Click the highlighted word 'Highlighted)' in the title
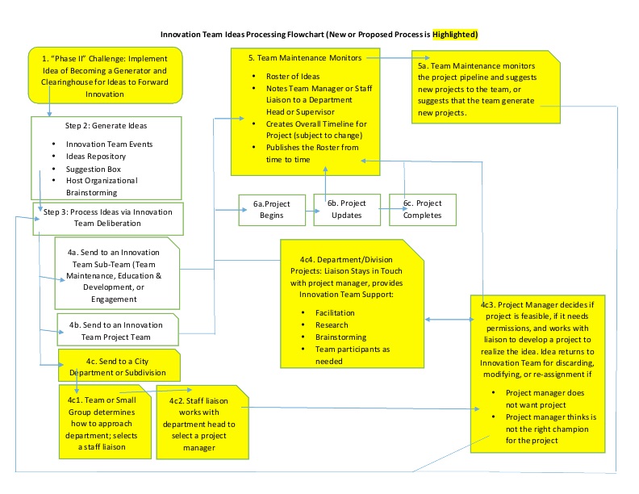455,35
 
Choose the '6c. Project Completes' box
423,210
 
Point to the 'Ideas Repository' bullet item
96,157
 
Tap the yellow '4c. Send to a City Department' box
119,366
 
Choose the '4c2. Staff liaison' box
202,420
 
